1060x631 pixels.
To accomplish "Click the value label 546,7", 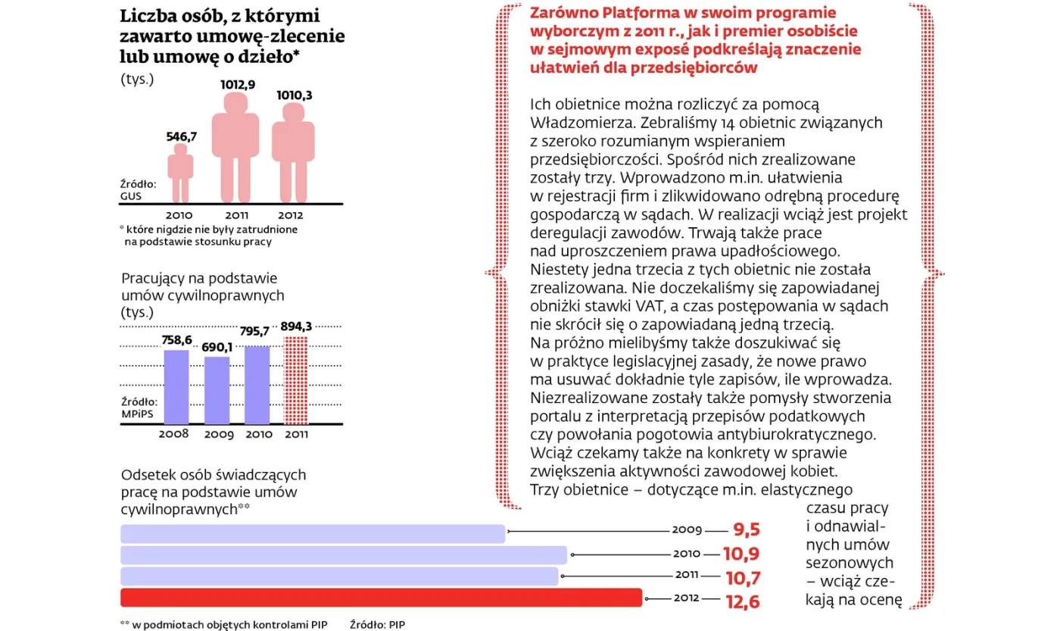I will coord(181,136).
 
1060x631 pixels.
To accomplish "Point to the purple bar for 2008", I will coord(176,386).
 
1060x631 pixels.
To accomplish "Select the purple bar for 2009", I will coord(217,389).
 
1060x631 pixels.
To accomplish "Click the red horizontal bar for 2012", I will coord(381,598).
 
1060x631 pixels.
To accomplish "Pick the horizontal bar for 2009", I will coord(313,533).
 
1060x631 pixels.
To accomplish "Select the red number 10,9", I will coord(740,554).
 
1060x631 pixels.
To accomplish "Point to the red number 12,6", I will coord(740,602).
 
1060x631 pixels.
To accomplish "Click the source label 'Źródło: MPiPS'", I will coord(139,408).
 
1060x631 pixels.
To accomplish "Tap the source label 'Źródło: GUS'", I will coord(138,189).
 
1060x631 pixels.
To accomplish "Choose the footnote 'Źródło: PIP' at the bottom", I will coord(377,624).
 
